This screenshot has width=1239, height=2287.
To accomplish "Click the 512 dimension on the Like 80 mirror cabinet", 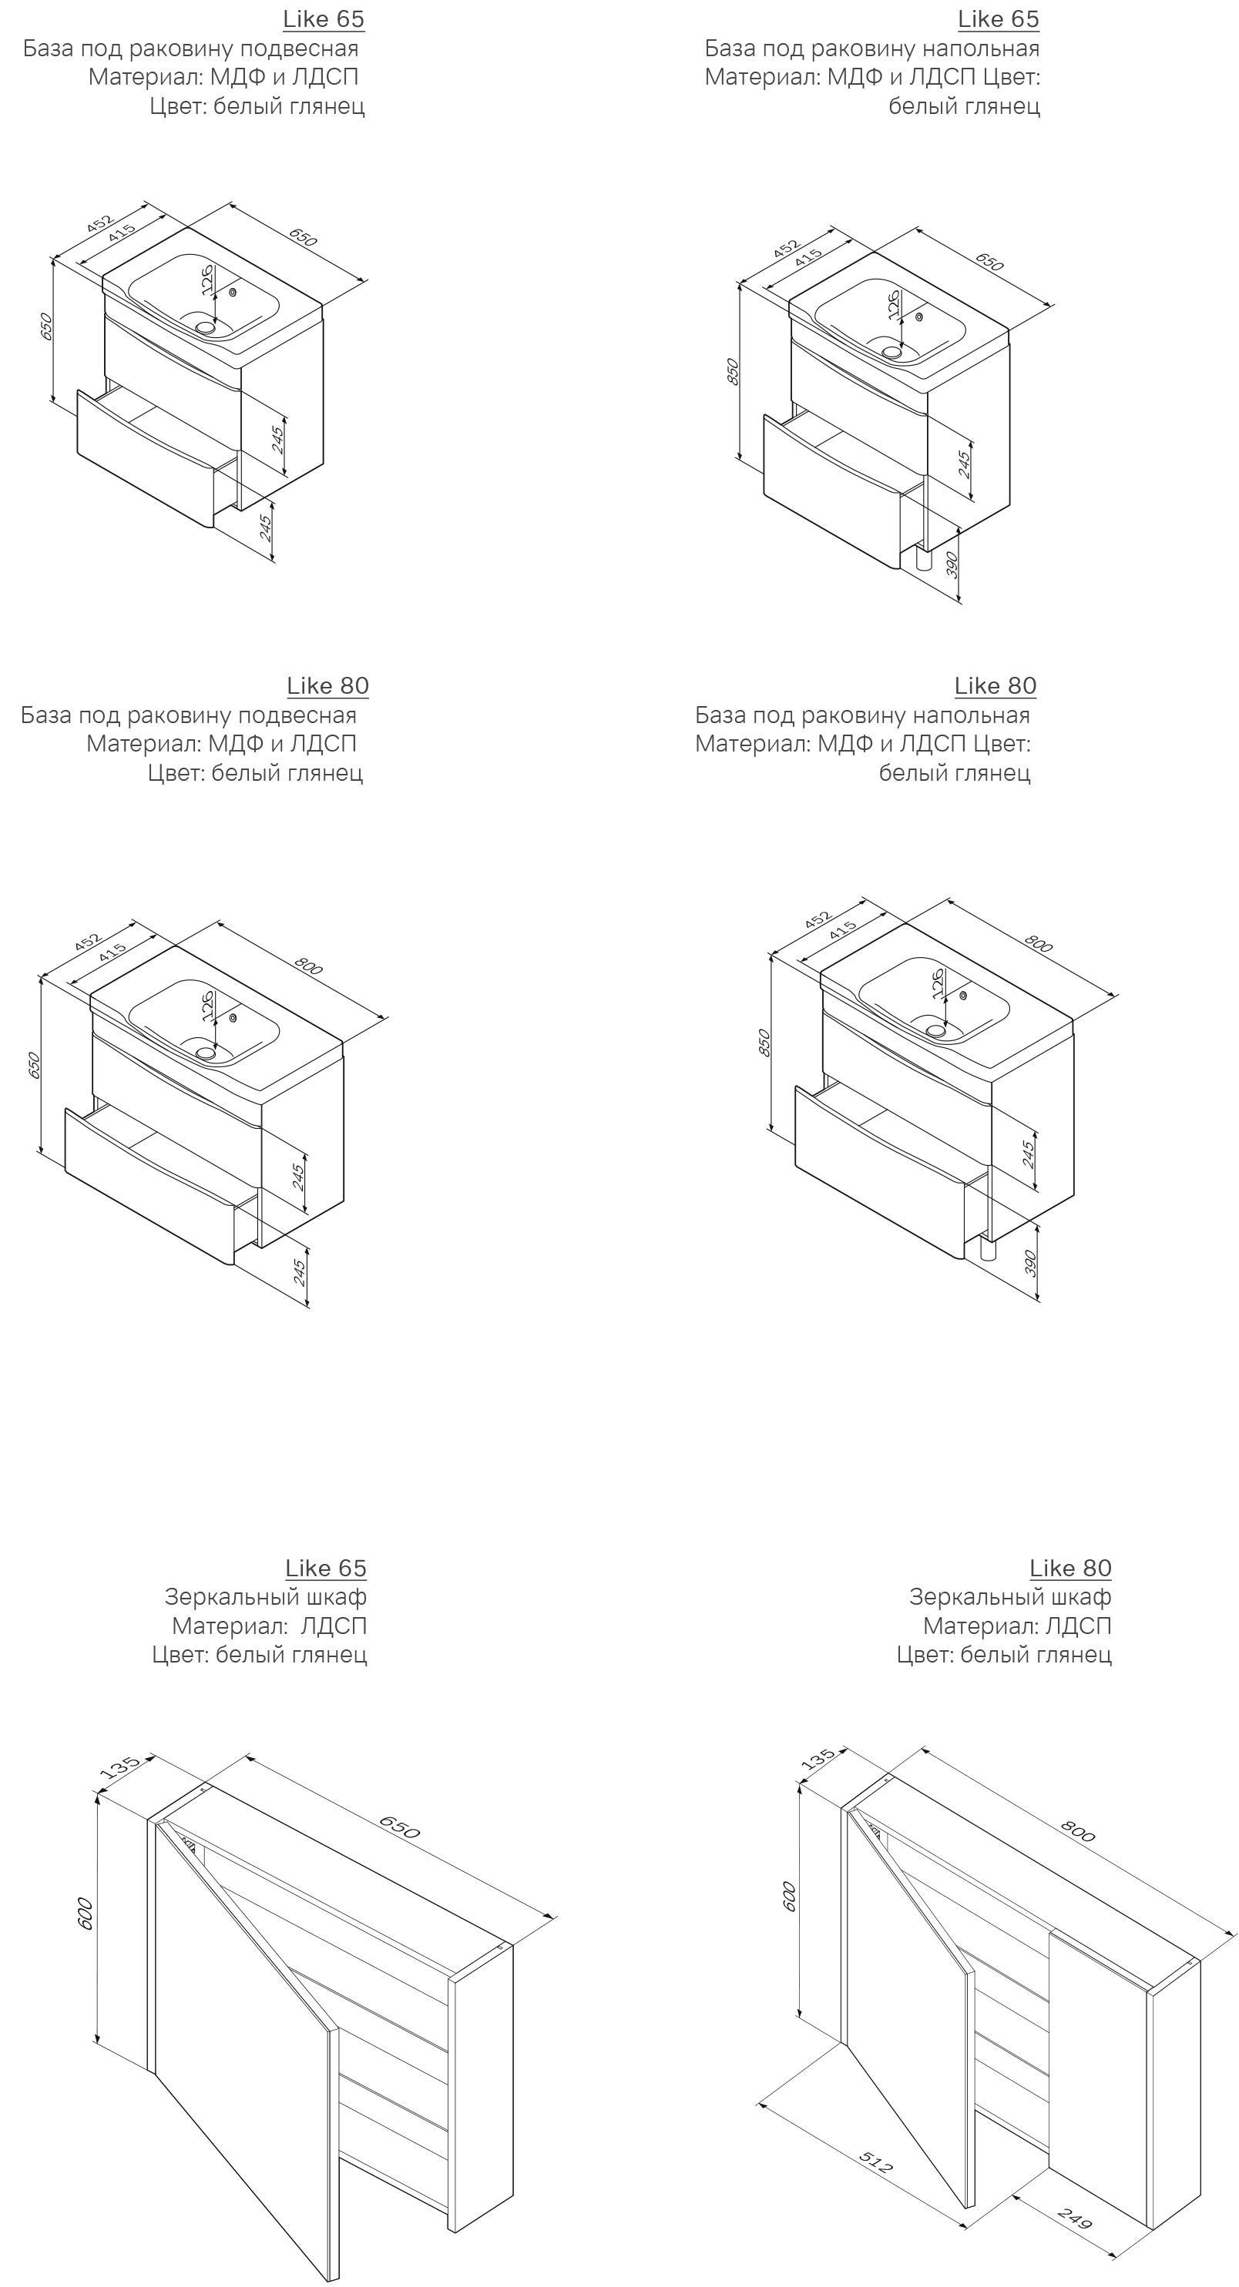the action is point(877,2161).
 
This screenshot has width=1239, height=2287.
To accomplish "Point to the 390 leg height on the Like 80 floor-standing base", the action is point(1031,1262).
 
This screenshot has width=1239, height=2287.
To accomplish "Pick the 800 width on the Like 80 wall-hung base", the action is point(308,965).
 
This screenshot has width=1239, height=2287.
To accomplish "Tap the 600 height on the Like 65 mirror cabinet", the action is point(86,1914).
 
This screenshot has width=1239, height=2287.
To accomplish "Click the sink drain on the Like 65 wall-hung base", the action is point(206,326).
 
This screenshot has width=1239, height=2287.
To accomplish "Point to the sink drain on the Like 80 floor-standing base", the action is point(936,1030).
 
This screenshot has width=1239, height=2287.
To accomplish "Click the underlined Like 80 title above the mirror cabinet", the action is point(1070,1569).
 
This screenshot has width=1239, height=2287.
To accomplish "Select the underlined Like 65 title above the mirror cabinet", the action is point(326,1569).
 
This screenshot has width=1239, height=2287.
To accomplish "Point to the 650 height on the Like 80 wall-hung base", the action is point(34,1066).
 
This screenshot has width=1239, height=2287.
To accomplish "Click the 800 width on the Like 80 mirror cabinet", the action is point(1078,1830).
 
